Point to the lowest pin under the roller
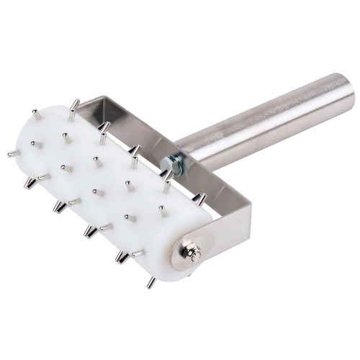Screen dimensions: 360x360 click(x=150, y=282)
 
